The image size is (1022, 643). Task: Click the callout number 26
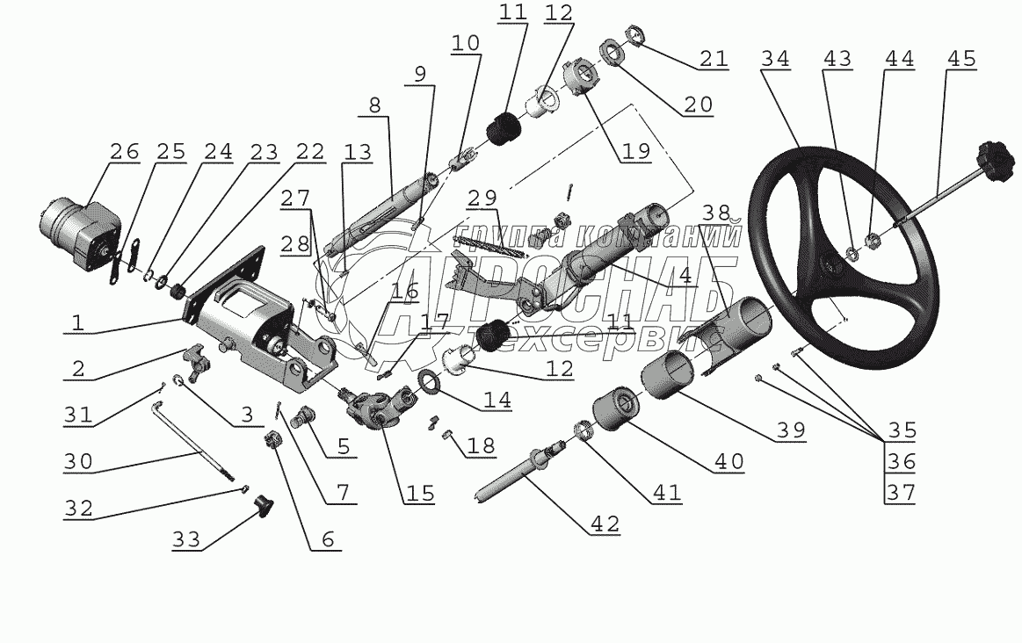[125, 151]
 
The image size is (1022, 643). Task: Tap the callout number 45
[961, 59]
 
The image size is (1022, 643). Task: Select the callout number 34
[775, 59]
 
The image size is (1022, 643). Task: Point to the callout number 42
[605, 524]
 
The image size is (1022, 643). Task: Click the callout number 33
[186, 539]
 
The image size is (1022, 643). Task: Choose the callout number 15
[419, 493]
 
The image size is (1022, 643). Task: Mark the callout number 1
[78, 322]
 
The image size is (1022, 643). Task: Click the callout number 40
[728, 461]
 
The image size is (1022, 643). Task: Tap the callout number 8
[374, 105]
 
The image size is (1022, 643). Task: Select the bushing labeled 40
[616, 408]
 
